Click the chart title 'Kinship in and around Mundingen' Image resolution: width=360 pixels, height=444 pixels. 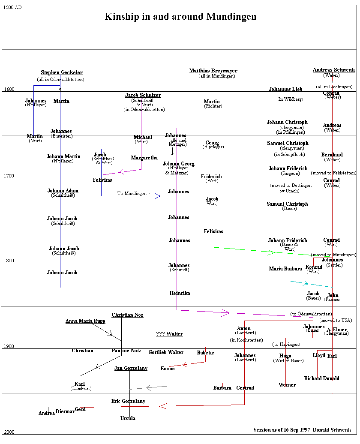point(180,17)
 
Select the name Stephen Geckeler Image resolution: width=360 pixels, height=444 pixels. point(62,73)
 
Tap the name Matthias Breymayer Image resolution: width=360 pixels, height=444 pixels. point(213,71)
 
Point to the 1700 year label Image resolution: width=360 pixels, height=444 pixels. point(9,176)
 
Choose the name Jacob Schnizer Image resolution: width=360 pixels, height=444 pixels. point(143,95)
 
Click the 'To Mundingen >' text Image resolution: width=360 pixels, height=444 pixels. point(134,194)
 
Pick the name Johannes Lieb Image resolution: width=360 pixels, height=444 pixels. point(285,89)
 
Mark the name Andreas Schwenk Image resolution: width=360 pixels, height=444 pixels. point(334,70)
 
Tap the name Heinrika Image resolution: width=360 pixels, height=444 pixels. point(180,293)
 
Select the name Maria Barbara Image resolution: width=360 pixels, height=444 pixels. point(285,269)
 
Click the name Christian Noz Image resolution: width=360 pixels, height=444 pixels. point(127,315)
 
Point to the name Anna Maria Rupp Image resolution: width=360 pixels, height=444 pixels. point(85,321)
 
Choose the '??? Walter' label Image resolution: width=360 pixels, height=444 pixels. point(169,334)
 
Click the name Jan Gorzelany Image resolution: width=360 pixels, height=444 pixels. point(131,368)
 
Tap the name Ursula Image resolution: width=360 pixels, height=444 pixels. point(128,418)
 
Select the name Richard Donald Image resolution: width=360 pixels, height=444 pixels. point(321,378)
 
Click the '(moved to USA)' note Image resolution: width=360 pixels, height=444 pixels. point(335,320)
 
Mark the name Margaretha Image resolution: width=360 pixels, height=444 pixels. point(144,158)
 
